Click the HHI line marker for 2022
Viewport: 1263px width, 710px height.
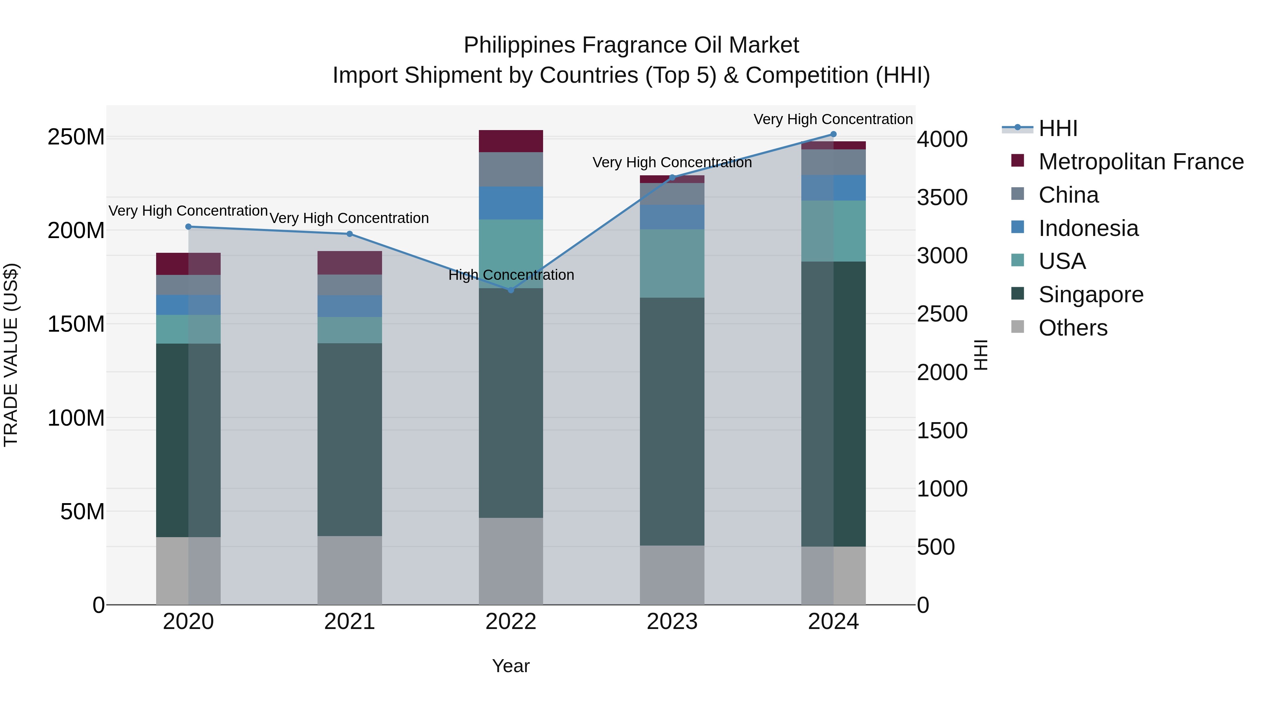tap(510, 290)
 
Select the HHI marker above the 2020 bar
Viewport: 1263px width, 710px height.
tap(188, 227)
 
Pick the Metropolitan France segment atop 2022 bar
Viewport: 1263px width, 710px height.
tap(510, 141)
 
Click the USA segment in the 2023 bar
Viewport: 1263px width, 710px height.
tap(672, 264)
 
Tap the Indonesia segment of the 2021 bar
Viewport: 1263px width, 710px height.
tap(349, 306)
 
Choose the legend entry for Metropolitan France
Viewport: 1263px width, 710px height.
tap(1141, 162)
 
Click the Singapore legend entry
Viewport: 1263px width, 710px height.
tap(1090, 295)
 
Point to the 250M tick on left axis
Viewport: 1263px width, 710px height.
tap(76, 137)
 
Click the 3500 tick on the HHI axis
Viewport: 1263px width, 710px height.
tap(942, 198)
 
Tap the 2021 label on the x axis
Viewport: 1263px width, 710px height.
tap(349, 622)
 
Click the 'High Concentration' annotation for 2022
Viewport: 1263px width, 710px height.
tap(511, 275)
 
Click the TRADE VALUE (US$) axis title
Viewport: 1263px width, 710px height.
tap(11, 355)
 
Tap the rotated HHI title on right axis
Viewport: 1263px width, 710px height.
tap(981, 355)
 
